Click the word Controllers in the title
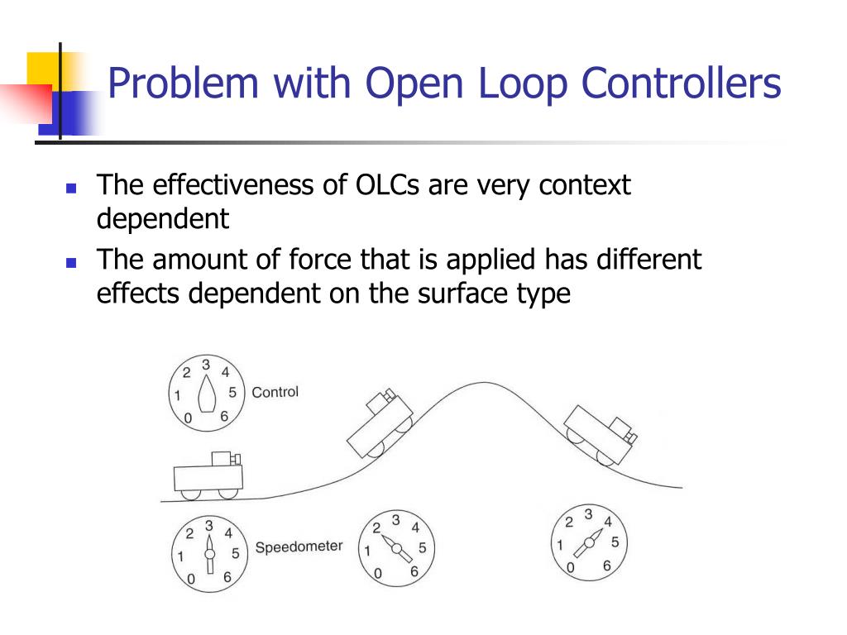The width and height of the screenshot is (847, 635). tap(681, 85)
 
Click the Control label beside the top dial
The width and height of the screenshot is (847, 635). tap(275, 392)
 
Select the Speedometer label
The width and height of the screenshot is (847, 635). tap(299, 547)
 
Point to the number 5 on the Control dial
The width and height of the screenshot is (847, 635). tap(232, 392)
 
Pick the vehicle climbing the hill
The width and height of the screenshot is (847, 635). tap(378, 423)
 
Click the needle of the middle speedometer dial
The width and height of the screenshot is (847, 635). tap(395, 548)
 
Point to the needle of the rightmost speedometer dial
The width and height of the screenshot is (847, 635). tap(588, 546)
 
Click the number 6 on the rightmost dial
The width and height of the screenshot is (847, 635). tap(606, 566)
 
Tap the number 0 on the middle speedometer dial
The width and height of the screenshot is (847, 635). tap(377, 573)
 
